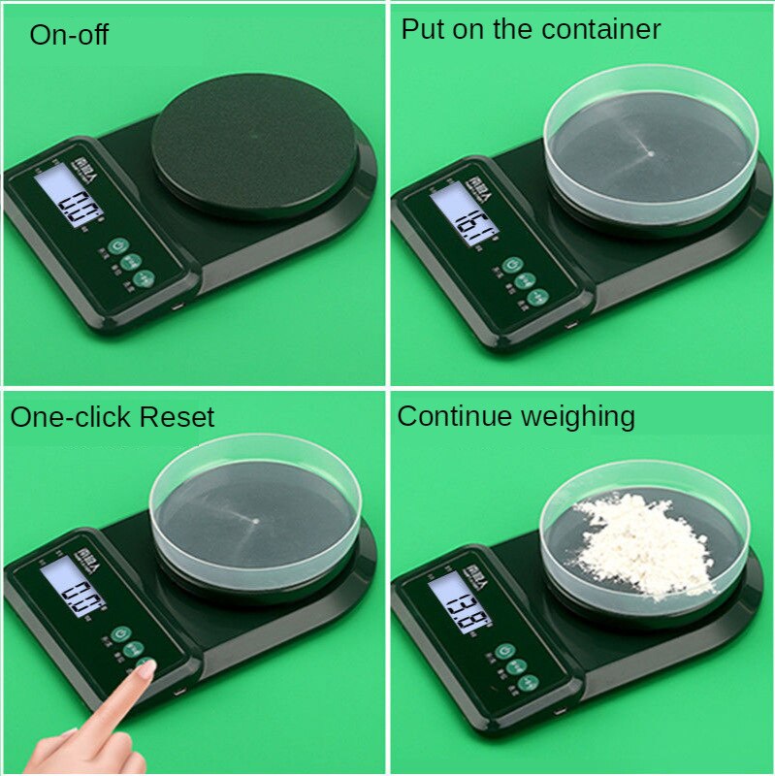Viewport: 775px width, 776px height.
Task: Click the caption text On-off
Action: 69,36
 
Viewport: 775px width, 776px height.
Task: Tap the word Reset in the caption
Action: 177,418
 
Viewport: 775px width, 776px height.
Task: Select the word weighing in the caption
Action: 577,417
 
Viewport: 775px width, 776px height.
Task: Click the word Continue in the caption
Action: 454,417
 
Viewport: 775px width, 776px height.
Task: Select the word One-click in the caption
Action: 71,418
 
